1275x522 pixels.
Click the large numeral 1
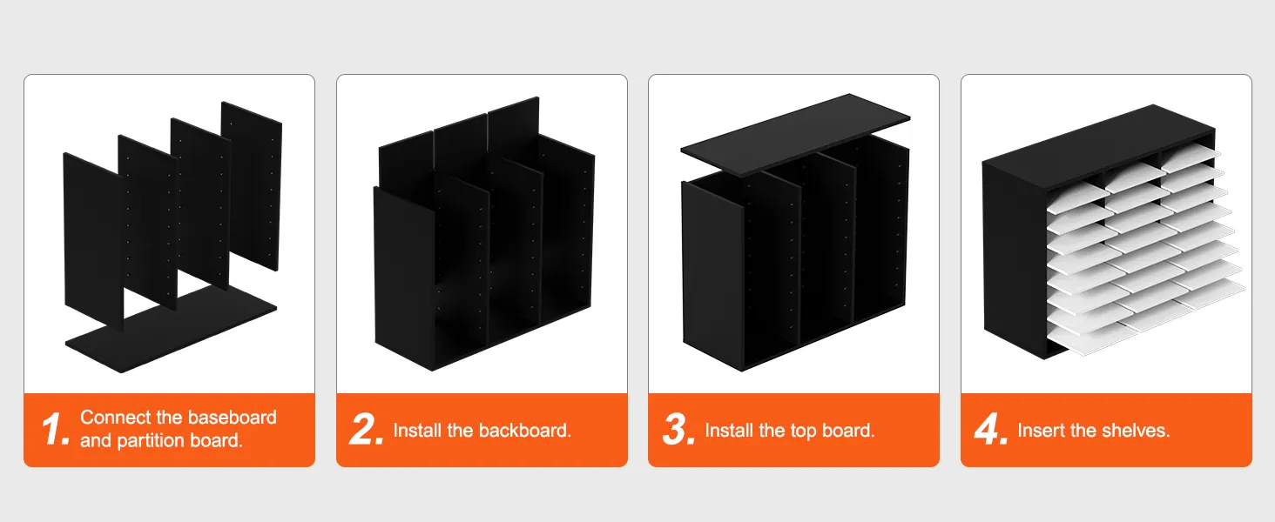click(x=55, y=429)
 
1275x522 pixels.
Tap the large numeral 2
click(x=366, y=429)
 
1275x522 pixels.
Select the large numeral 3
click(x=678, y=429)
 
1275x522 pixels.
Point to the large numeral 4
click(x=991, y=429)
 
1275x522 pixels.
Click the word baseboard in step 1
click(x=231, y=418)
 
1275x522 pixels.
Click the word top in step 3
click(x=803, y=431)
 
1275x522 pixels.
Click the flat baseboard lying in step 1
click(x=171, y=329)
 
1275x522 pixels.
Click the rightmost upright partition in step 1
click(x=252, y=185)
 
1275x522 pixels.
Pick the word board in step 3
click(x=848, y=431)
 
